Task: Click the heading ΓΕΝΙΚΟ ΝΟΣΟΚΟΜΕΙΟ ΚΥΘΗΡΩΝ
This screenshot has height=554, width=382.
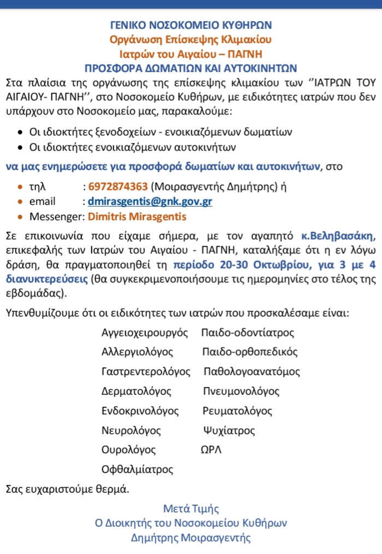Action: pyautogui.click(x=191, y=25)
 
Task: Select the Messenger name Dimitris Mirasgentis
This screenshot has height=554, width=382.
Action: pyautogui.click(x=137, y=217)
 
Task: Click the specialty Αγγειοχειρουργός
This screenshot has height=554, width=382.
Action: pyautogui.click(x=145, y=333)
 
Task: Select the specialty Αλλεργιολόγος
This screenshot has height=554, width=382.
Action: pyautogui.click(x=137, y=352)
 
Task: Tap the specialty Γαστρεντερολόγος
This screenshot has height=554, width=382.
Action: pyautogui.click(x=146, y=371)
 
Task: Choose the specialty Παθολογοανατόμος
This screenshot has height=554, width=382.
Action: pyautogui.click(x=251, y=371)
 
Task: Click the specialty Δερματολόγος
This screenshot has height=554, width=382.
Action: pyautogui.click(x=137, y=391)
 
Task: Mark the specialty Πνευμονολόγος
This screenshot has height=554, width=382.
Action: pyautogui.click(x=240, y=391)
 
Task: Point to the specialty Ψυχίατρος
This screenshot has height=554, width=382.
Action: pyautogui.click(x=228, y=430)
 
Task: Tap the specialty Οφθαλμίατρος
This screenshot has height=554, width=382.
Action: pyautogui.click(x=137, y=469)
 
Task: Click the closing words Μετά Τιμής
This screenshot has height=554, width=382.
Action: pyautogui.click(x=191, y=509)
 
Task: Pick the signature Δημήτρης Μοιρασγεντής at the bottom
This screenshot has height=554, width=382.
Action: pyautogui.click(x=191, y=537)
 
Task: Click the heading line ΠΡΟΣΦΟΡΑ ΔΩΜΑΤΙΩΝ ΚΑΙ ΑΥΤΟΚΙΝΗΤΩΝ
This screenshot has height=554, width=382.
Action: pyautogui.click(x=191, y=68)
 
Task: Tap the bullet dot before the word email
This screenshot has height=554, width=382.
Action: pyautogui.click(x=20, y=201)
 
